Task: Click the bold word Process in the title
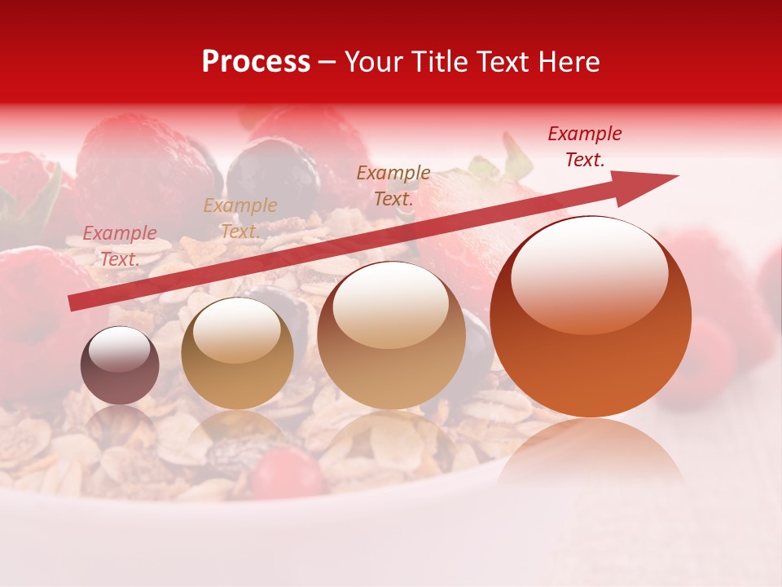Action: point(256,62)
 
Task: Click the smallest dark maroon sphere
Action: point(120,365)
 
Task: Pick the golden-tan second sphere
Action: point(237,353)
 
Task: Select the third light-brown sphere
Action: point(391,335)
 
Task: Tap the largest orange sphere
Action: point(591,317)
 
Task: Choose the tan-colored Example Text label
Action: point(239,218)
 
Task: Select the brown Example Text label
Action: point(393,185)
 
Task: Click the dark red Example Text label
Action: point(584,147)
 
